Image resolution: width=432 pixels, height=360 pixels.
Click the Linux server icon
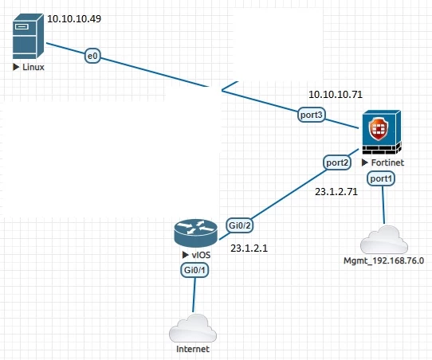point(28,36)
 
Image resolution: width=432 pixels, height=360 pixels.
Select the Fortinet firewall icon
point(382,132)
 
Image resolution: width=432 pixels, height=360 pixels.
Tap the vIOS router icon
point(196,233)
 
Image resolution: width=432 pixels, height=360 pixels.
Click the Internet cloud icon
point(193,328)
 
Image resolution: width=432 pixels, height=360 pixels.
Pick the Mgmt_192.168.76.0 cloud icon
point(384,240)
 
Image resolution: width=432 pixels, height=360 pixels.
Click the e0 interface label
point(92,56)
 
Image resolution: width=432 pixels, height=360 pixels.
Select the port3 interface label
point(312,115)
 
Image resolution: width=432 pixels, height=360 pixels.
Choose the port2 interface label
point(337,162)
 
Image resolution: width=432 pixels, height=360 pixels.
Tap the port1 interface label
point(381,178)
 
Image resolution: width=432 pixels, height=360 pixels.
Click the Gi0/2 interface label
point(240,225)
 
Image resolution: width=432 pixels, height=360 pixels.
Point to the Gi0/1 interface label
point(194,270)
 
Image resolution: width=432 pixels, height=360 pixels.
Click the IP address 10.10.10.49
point(74,18)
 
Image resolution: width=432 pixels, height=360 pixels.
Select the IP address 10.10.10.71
point(336,95)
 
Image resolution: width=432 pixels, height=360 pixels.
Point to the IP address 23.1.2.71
point(336,192)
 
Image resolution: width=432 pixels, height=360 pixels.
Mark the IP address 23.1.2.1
point(249,248)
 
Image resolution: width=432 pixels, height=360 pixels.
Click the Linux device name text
point(33,67)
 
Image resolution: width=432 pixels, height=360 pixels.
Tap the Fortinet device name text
point(387,162)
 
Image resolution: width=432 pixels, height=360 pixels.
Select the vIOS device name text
point(201,255)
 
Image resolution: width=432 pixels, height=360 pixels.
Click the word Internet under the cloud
point(193,349)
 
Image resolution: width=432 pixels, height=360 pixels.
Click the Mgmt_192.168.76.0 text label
point(384,260)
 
